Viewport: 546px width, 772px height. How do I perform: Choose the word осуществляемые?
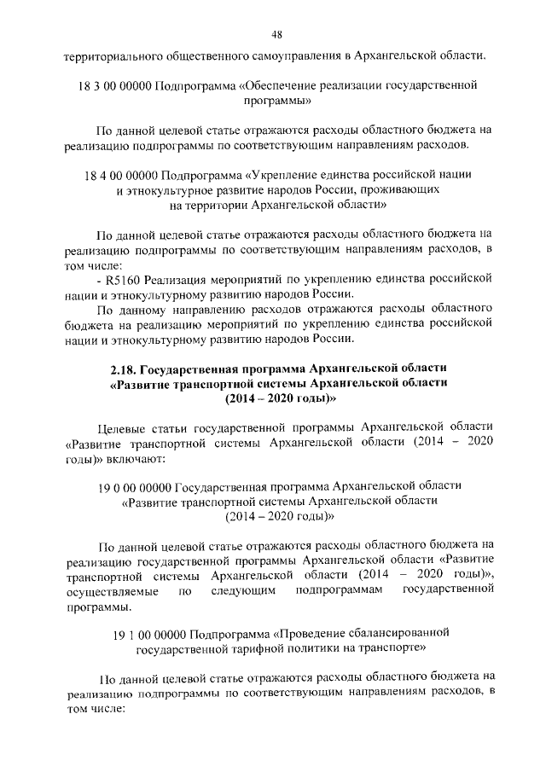[x=107, y=590]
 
